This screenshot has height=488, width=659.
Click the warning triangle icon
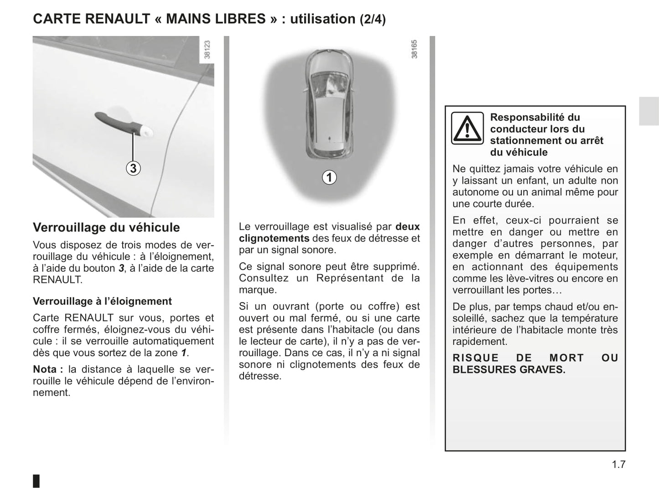click(x=467, y=128)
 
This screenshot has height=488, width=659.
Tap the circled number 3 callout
click(x=133, y=168)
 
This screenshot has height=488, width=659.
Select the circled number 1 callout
click(x=329, y=177)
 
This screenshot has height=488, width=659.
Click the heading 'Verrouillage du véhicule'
click(x=106, y=227)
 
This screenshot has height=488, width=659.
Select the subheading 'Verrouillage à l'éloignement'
click(x=102, y=301)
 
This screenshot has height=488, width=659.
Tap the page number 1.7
click(x=618, y=464)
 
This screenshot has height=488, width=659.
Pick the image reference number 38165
click(x=414, y=49)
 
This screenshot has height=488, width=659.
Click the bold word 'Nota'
click(x=45, y=369)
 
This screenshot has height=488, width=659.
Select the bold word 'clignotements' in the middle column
click(x=274, y=239)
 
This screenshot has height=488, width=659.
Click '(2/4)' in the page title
click(x=373, y=19)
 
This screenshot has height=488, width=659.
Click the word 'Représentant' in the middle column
click(x=350, y=278)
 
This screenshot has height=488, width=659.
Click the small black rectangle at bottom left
click(x=36, y=481)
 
